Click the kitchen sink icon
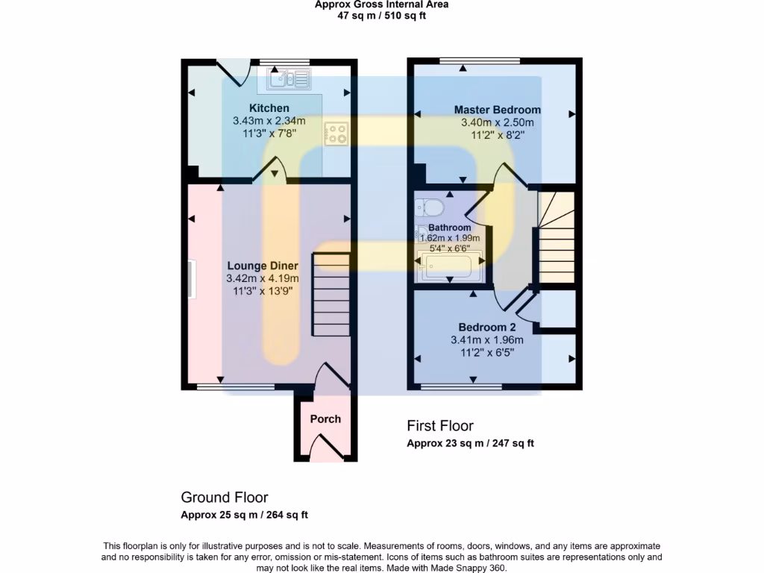289,78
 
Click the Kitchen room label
269,109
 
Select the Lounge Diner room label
263,266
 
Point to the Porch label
325,419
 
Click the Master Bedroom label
498,110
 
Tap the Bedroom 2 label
487,328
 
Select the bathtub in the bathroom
450,266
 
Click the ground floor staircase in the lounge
331,295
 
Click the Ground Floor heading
225,498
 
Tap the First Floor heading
440,426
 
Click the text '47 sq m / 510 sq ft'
381,16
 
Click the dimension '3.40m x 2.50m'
498,123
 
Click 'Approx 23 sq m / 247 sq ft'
470,443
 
